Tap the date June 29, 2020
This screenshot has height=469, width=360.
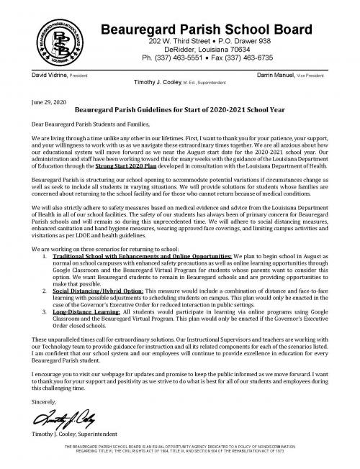tap(43, 103)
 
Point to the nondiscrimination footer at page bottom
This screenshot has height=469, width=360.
tap(179, 460)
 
